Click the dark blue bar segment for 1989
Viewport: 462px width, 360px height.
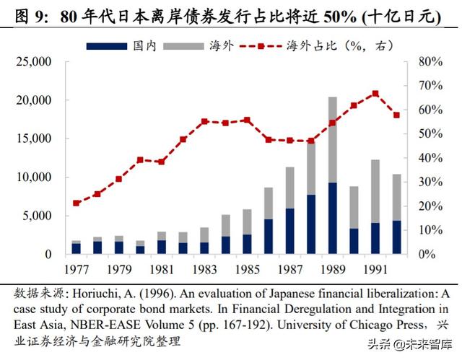pyautogui.click(x=332, y=218)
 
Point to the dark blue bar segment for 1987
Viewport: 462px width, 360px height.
pyautogui.click(x=289, y=231)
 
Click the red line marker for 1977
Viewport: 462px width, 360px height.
pyautogui.click(x=77, y=203)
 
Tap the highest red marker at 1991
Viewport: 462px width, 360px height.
pyautogui.click(x=375, y=93)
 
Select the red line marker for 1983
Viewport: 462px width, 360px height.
pyautogui.click(x=204, y=121)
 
